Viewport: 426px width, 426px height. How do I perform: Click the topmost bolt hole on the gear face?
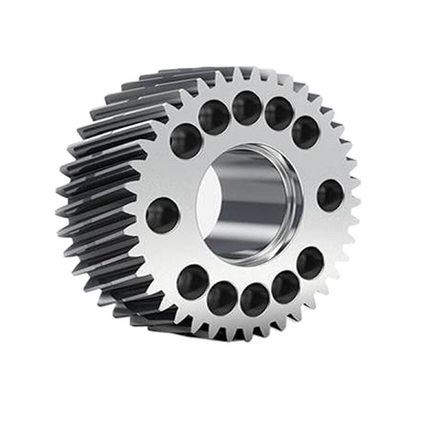click(x=246, y=108)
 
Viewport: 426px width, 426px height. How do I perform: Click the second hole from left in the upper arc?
click(x=214, y=118)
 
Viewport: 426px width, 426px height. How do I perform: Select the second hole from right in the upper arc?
click(x=278, y=113)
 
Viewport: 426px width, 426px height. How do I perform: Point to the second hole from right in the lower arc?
click(x=285, y=287)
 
